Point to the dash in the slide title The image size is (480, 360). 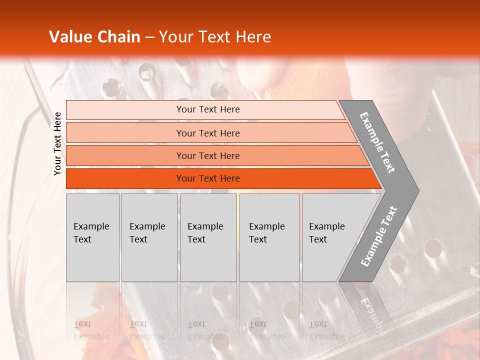click(x=149, y=37)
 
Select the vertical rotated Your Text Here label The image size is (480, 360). click(x=57, y=143)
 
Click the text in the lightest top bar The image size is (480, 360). click(x=208, y=109)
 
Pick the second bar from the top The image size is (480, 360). click(x=208, y=133)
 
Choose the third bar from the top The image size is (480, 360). click(x=208, y=155)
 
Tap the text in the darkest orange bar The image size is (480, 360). click(x=208, y=178)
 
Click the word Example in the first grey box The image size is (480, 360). click(x=91, y=226)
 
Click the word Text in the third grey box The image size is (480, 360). click(x=196, y=239)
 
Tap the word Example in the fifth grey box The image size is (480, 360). click(x=327, y=226)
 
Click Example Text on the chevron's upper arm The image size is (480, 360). click(x=377, y=142)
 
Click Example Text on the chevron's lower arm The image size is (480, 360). click(x=378, y=236)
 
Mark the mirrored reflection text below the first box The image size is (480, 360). click(x=91, y=330)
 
